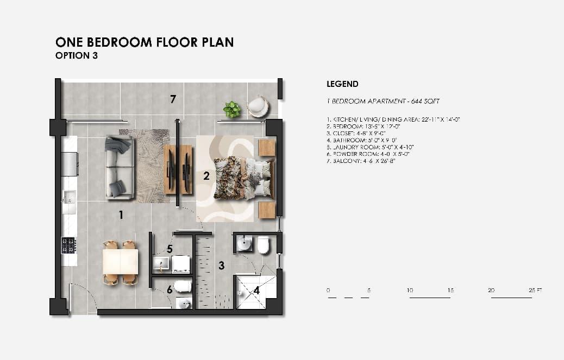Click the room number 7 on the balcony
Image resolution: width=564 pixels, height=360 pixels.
tap(173, 99)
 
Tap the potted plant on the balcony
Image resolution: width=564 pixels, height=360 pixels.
tap(232, 109)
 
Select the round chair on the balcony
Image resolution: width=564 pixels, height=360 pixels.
tap(258, 106)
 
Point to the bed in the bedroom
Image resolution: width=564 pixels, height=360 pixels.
tap(243, 177)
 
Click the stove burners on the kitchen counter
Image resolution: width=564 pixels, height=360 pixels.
tap(68, 245)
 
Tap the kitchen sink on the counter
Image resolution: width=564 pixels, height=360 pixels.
tap(68, 198)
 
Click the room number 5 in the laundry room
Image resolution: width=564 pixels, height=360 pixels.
tap(170, 249)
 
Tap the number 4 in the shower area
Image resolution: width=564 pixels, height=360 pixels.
tap(256, 290)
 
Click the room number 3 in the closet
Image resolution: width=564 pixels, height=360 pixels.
tap(221, 266)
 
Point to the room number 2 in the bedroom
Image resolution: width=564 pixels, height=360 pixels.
tap(206, 176)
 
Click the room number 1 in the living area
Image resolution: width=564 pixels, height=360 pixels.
tap(121, 216)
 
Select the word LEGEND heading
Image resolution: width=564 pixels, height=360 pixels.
tap(342, 84)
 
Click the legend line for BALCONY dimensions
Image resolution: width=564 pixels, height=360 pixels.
tap(361, 161)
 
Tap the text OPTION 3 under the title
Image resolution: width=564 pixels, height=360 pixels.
tap(77, 55)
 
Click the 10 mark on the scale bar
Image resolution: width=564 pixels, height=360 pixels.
tap(410, 290)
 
